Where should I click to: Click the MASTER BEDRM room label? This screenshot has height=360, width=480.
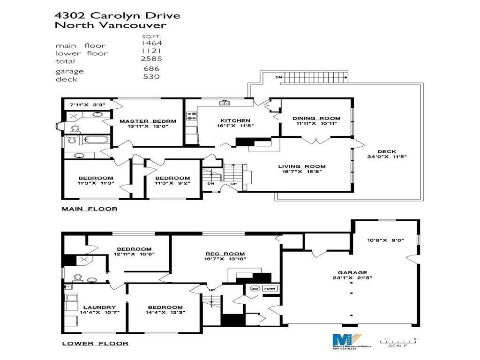[x=147, y=121]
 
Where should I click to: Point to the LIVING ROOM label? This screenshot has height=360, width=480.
[x=302, y=166]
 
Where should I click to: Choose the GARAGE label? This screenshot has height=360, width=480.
[x=352, y=272]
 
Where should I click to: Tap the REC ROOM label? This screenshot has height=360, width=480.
[x=225, y=253]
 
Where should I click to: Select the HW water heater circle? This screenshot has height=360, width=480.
[x=255, y=288]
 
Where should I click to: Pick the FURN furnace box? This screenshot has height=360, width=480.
[x=270, y=288]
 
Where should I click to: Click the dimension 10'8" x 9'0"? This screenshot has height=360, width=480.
[x=386, y=240]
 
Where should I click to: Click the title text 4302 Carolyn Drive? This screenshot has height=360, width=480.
[x=117, y=15]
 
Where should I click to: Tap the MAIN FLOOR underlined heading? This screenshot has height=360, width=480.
[x=90, y=209]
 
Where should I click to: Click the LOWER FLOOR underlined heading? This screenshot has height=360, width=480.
[x=95, y=344]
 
